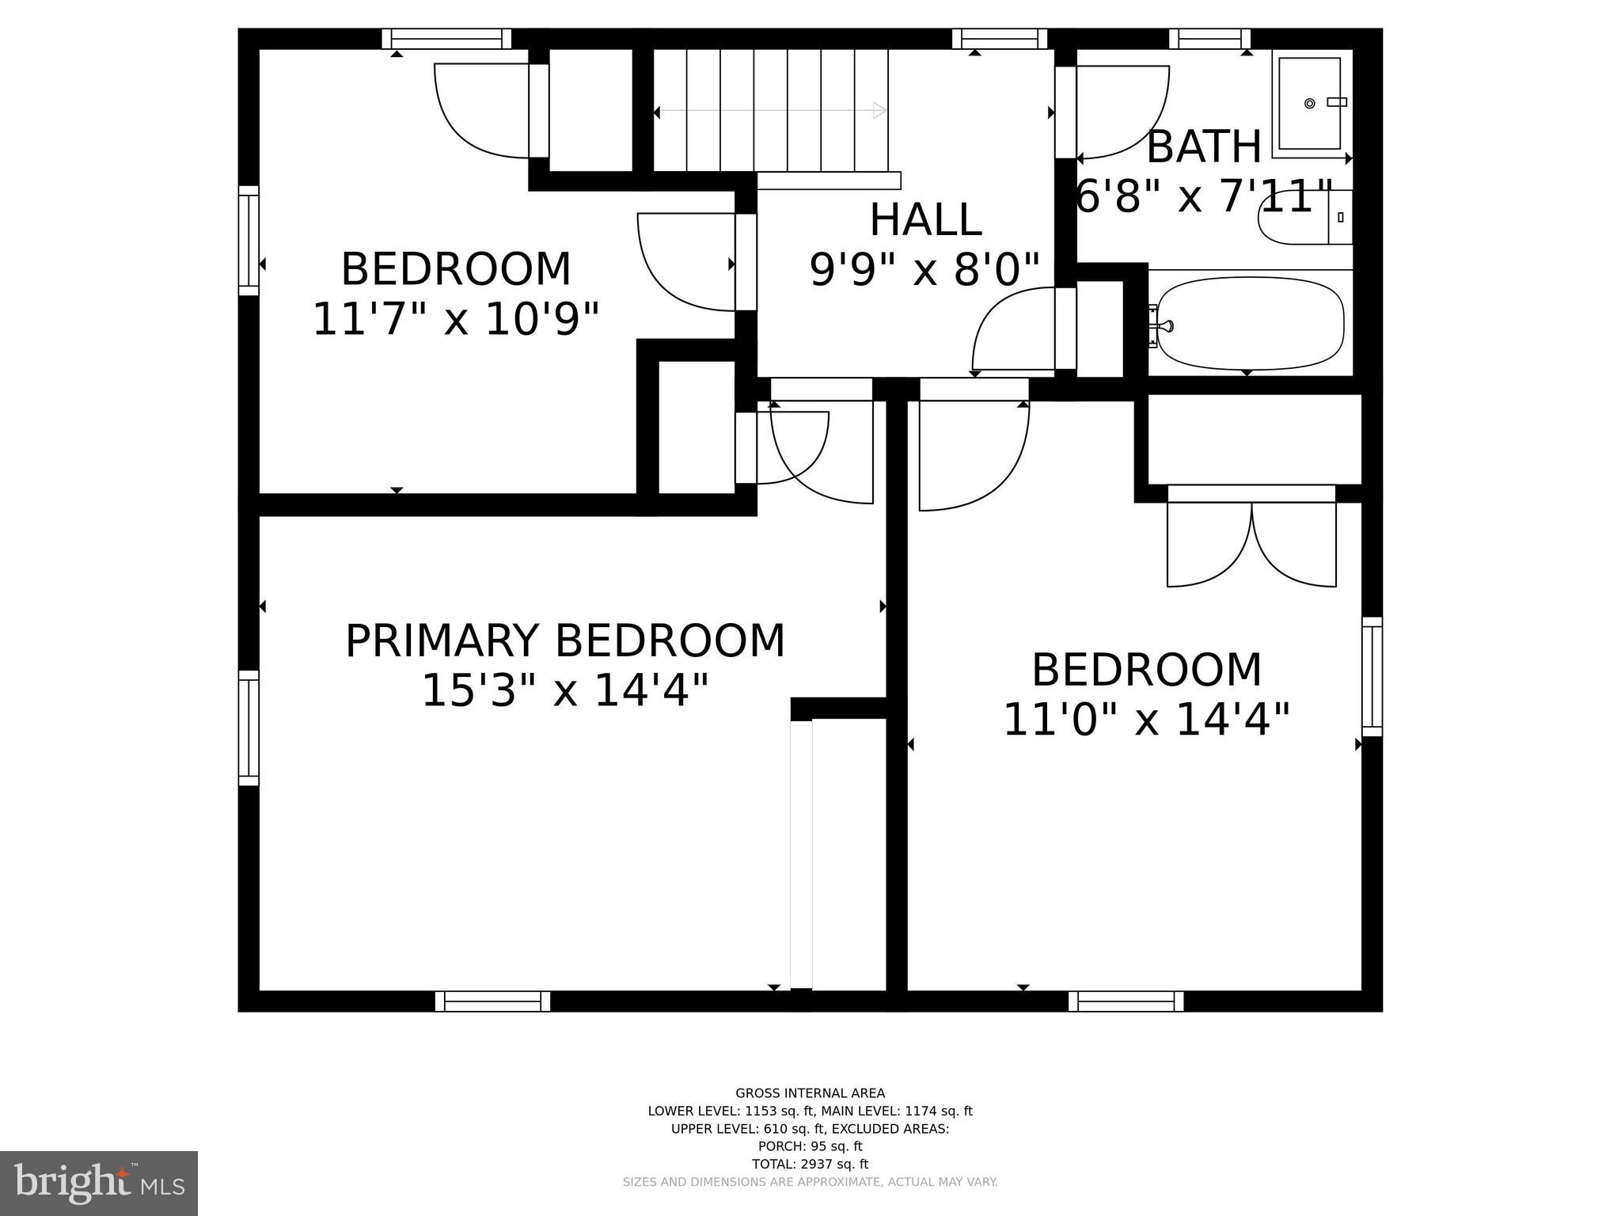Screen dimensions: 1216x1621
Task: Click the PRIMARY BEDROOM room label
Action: tap(564, 641)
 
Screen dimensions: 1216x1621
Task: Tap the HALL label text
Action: tap(925, 220)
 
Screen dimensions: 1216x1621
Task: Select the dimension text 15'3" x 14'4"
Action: tap(564, 691)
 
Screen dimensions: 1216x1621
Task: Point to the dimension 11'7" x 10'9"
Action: tap(456, 320)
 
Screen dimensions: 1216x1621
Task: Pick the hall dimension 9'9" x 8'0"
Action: tap(924, 270)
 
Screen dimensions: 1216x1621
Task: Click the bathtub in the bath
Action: tap(1249, 323)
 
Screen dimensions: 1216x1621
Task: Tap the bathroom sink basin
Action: tap(1310, 103)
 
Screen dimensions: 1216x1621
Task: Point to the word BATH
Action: tap(1203, 147)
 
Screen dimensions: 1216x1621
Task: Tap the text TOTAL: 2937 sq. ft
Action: tap(810, 1164)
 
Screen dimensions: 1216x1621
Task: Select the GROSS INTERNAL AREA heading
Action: tap(810, 1093)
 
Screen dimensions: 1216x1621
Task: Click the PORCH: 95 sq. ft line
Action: tap(810, 1146)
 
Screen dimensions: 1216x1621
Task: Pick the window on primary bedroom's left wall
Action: tap(249, 728)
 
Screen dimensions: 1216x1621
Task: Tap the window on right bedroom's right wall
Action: tap(1372, 676)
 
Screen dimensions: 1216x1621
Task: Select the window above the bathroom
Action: tap(1209, 38)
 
